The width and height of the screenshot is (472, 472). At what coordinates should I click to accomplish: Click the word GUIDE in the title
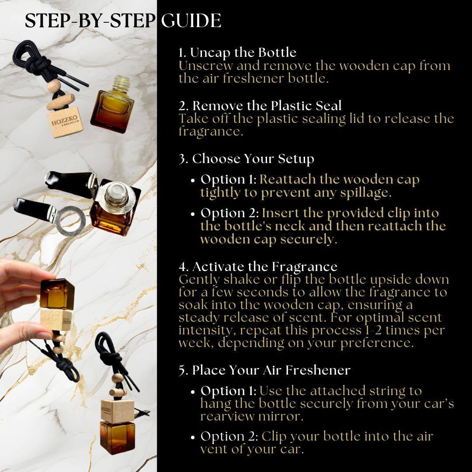click(191, 21)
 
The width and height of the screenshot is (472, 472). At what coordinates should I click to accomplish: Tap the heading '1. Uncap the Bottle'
click(237, 53)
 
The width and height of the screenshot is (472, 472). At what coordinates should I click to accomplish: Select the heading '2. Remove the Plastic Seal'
click(260, 106)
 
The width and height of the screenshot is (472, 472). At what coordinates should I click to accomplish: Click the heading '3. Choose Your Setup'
click(246, 159)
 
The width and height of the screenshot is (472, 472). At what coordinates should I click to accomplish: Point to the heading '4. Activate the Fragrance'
click(258, 267)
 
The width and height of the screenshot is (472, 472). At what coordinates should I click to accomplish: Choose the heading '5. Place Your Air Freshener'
click(264, 370)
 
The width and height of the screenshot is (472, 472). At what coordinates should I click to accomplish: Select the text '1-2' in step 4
click(373, 330)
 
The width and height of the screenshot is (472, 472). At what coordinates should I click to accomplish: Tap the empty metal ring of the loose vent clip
click(70, 221)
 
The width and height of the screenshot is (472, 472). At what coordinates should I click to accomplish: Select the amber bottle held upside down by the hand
click(57, 294)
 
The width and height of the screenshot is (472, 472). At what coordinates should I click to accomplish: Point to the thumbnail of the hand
click(45, 335)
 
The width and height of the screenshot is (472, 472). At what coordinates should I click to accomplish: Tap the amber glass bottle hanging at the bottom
click(118, 437)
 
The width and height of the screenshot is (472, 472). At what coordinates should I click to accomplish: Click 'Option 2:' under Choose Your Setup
click(230, 213)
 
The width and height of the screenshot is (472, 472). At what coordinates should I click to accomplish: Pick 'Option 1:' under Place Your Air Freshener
click(229, 391)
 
